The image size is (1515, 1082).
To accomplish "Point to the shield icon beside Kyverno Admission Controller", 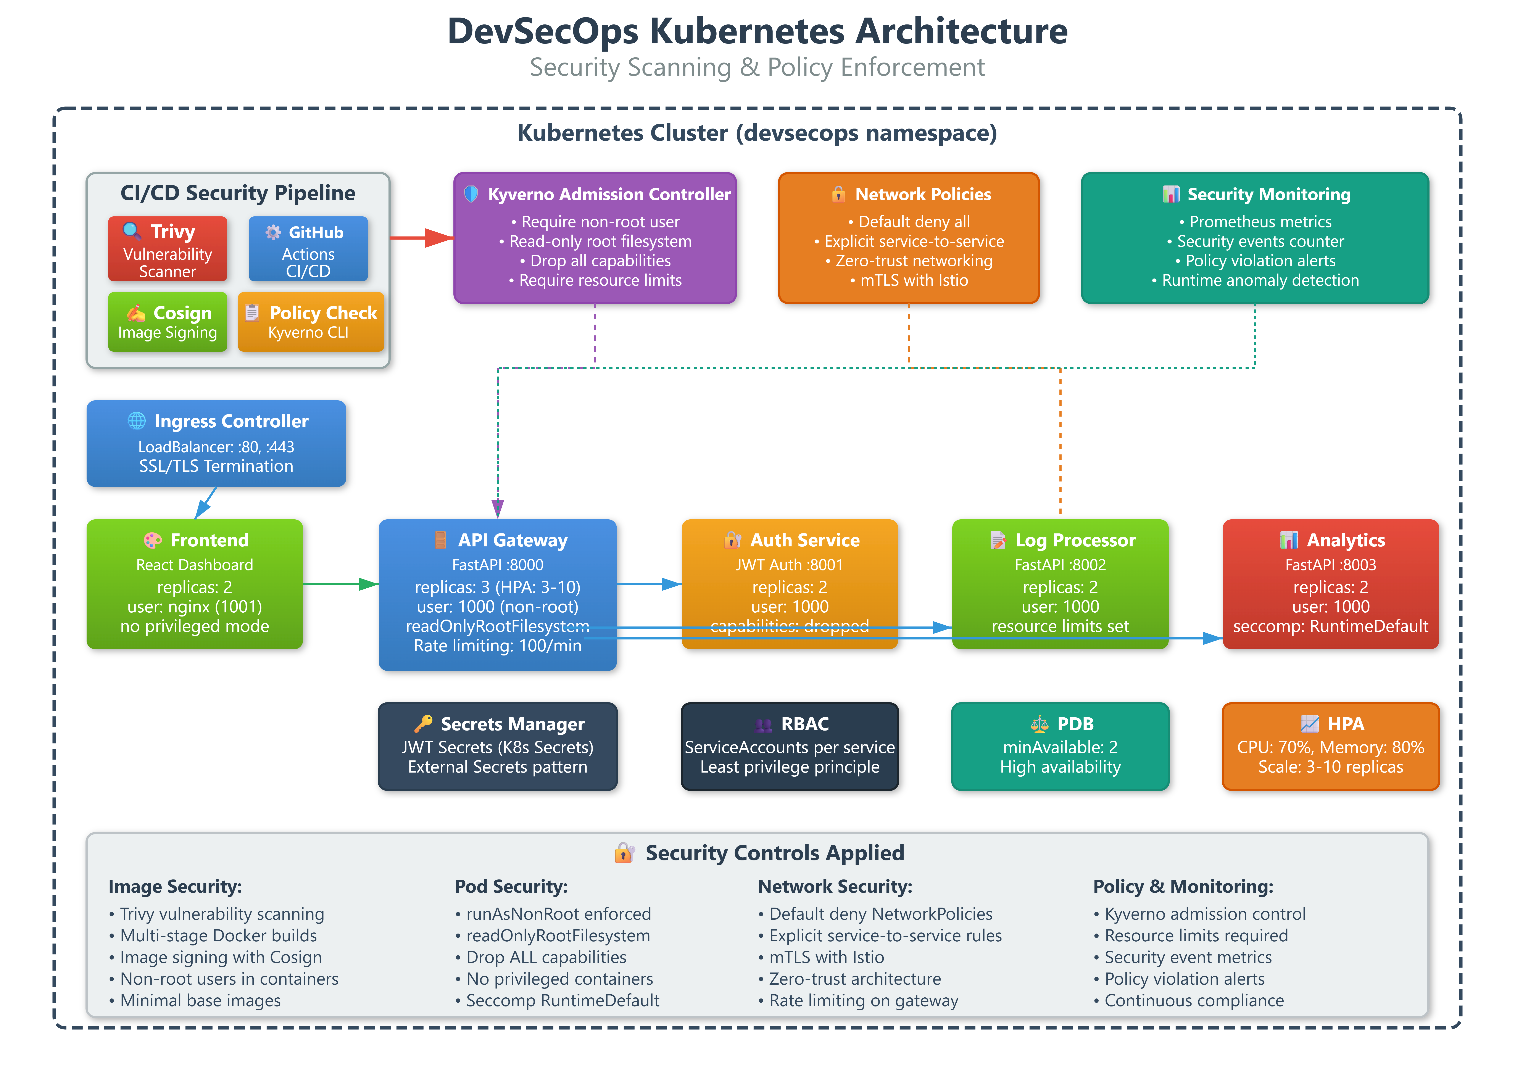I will tap(471, 194).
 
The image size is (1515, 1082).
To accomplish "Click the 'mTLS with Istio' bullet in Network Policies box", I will tap(909, 280).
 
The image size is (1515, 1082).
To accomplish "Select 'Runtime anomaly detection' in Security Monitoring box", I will tap(1255, 280).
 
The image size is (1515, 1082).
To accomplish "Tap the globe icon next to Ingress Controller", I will tap(137, 421).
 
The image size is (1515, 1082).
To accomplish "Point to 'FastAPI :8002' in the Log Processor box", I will tap(1060, 565).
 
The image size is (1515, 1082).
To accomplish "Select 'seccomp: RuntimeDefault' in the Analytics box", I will tap(1330, 626).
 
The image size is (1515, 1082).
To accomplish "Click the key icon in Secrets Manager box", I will tap(423, 724).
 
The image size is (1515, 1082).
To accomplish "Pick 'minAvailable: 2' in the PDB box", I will tap(1060, 747).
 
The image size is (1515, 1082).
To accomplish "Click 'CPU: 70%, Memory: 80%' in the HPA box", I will tap(1330, 747).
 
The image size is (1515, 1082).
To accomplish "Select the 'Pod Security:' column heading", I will tap(511, 887).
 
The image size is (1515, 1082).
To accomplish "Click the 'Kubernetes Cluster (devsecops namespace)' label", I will tap(757, 133).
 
